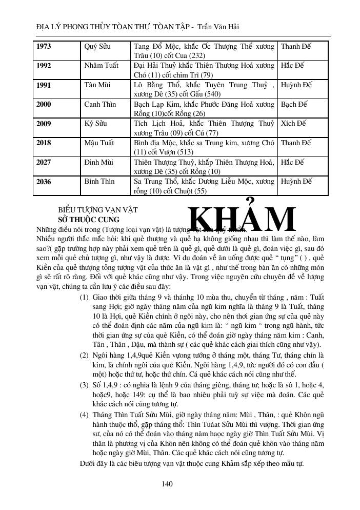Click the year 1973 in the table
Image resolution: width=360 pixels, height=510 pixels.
[x=45, y=47]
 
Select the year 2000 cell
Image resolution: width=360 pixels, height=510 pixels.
[x=44, y=105]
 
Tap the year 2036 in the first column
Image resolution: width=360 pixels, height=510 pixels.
[x=44, y=182]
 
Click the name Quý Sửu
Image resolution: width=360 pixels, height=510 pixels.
[x=97, y=47]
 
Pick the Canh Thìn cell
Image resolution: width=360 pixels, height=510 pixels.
[x=101, y=105]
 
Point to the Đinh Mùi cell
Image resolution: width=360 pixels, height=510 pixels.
[x=99, y=163]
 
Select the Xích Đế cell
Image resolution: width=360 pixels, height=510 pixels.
[x=294, y=124]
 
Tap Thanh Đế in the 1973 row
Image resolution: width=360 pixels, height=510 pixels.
[x=296, y=47]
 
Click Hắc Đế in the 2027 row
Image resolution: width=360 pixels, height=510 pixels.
[x=293, y=163]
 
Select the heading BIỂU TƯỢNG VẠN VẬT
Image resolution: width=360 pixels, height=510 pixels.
[x=98, y=210]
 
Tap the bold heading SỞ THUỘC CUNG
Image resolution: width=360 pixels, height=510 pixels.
[x=88, y=220]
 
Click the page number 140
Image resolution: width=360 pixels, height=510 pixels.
[x=167, y=483]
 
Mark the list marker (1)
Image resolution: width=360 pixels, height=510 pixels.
[x=84, y=298]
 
